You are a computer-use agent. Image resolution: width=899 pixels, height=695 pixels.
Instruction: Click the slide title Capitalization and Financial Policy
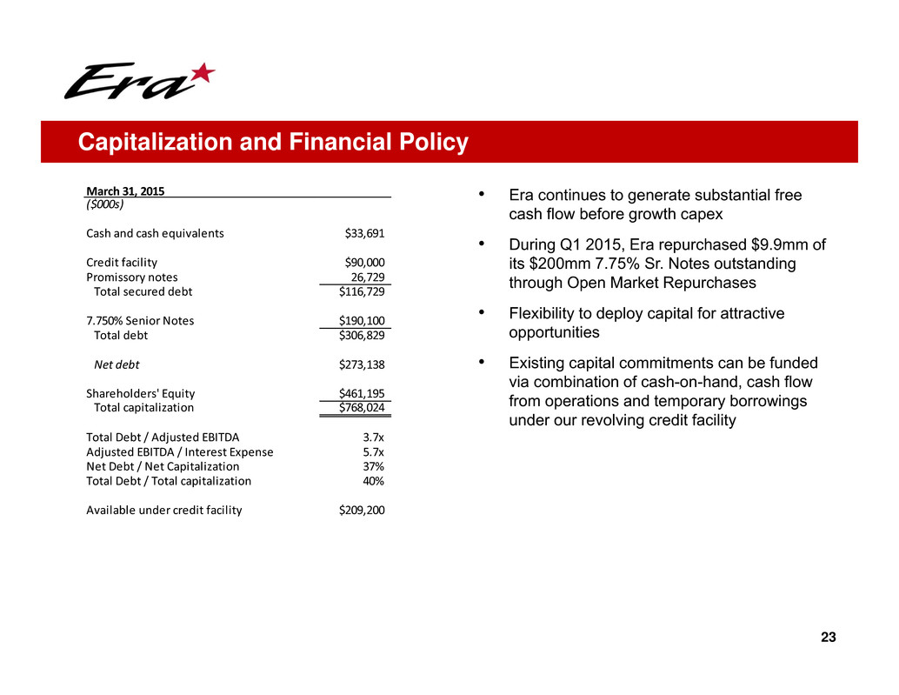click(273, 142)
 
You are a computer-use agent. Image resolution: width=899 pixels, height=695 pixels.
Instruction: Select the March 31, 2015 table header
click(125, 190)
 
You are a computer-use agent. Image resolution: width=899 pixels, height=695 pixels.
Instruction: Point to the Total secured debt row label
click(143, 291)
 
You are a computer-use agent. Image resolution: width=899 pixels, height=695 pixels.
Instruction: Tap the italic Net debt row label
click(117, 364)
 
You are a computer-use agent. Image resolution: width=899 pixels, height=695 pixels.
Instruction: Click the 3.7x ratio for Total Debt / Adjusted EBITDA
click(373, 437)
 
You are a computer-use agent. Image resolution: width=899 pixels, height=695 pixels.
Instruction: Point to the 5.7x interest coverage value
click(373, 451)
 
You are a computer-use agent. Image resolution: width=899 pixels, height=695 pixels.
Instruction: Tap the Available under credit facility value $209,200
click(362, 510)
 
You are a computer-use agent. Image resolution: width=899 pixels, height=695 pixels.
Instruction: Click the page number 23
click(828, 638)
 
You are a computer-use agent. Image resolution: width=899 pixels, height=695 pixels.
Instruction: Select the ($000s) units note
click(104, 204)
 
